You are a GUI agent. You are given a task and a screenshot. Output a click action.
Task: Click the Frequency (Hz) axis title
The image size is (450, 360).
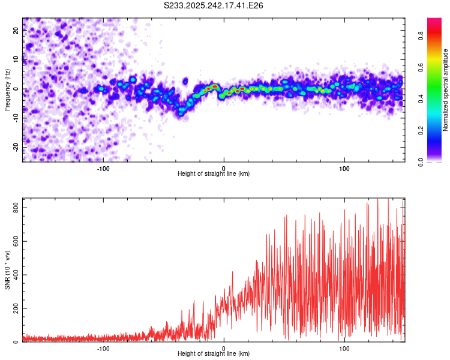click(7, 89)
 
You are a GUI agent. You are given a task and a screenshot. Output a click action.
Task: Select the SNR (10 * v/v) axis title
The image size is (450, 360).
click(7, 270)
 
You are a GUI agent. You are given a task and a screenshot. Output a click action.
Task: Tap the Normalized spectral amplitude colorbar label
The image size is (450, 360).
click(446, 89)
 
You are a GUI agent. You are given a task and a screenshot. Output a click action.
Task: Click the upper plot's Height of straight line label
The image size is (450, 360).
click(214, 173)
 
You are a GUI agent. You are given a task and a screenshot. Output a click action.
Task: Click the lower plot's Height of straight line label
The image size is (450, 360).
click(214, 353)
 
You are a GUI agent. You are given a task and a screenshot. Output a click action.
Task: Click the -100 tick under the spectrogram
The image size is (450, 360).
click(103, 168)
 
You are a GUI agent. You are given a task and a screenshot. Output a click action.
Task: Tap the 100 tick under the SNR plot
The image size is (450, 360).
click(344, 348)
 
